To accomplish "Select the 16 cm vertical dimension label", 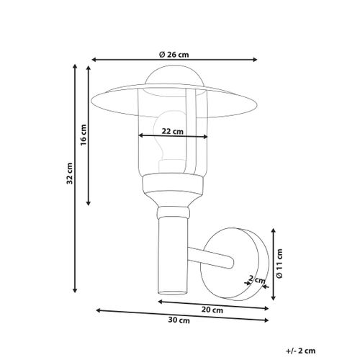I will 84,135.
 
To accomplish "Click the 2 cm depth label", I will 253,278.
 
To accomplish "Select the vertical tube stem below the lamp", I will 171,256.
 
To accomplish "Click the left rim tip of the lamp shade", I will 94,96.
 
